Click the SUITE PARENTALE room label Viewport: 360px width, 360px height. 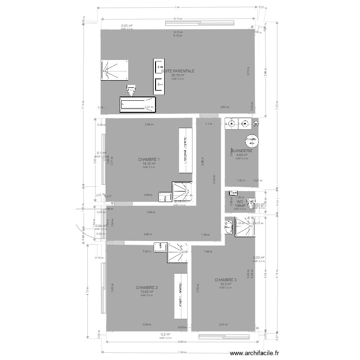click(x=178, y=71)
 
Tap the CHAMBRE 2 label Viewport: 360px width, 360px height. click(x=147, y=288)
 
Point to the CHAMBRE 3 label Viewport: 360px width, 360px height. click(x=226, y=280)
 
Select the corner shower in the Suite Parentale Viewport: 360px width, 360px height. click(x=115, y=70)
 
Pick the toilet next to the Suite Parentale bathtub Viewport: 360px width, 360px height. click(x=131, y=90)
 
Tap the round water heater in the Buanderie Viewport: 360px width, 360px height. click(x=251, y=141)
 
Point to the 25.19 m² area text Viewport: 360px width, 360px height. click(x=178, y=75)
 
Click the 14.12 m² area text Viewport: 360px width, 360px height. click(x=149, y=164)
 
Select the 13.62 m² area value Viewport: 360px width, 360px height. click(x=147, y=292)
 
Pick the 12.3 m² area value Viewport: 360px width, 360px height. click(x=226, y=284)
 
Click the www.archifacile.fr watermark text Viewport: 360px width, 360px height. click(x=254, y=353)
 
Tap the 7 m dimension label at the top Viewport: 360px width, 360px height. click(x=177, y=7)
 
